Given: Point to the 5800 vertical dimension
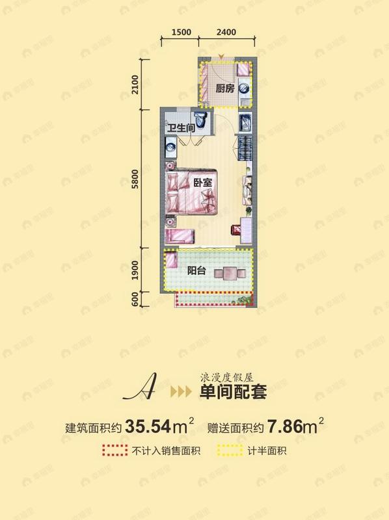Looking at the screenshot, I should [x=135, y=179].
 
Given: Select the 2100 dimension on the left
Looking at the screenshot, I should [x=135, y=85].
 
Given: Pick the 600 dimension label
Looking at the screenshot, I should [x=135, y=300].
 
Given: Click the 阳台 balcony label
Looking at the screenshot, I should [x=198, y=272].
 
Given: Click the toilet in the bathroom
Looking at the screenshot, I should [x=203, y=121].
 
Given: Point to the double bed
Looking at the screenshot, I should [x=191, y=195].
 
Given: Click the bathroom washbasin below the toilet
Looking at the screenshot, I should [x=170, y=148].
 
